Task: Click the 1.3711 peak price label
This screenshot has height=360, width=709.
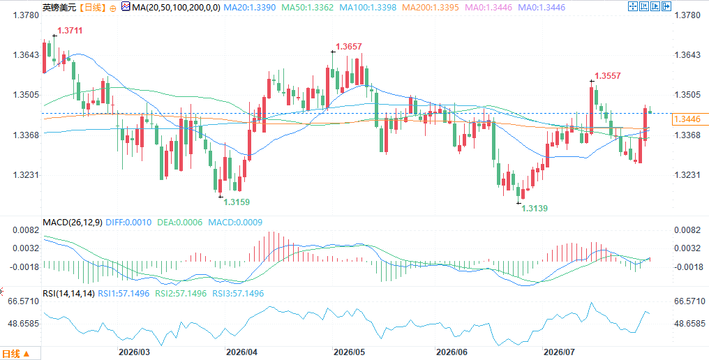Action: (70, 30)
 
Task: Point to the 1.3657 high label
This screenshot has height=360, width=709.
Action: (349, 47)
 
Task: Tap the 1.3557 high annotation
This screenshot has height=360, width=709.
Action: (608, 76)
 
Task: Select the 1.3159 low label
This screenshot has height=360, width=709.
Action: (237, 202)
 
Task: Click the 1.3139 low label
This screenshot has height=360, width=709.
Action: (535, 209)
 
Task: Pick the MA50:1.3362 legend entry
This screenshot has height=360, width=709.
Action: (308, 7)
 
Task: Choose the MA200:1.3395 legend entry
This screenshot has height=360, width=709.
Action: (431, 7)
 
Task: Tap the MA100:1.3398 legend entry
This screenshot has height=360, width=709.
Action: (368, 7)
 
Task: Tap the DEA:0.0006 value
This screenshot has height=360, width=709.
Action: (179, 222)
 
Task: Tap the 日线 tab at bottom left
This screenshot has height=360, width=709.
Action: (16, 354)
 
